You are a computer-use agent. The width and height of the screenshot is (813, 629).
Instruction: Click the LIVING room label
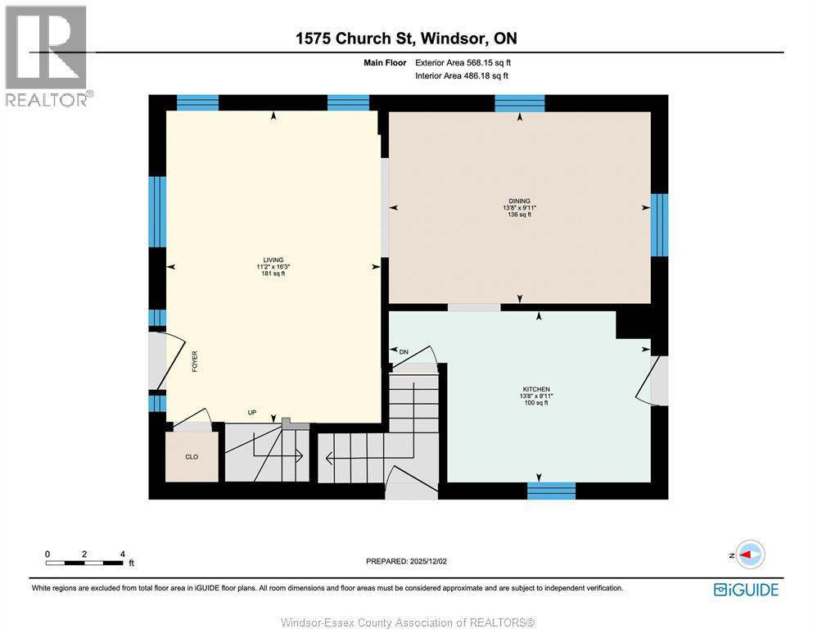tap(273, 260)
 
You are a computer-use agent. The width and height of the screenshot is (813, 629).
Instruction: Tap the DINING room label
tap(519, 201)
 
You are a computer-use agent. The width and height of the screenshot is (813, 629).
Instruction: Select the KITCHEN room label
tap(536, 389)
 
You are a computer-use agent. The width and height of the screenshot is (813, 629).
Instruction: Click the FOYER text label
tap(195, 362)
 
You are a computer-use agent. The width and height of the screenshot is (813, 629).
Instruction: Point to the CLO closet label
tap(191, 457)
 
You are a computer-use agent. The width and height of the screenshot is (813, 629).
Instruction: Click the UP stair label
tap(252, 412)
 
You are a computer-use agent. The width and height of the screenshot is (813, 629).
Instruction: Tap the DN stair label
tap(403, 351)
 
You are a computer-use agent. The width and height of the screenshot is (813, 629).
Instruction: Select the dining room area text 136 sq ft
tap(519, 215)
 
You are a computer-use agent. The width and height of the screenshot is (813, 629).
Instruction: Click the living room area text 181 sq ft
tap(273, 274)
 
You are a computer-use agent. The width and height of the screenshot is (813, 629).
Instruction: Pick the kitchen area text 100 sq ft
tap(536, 402)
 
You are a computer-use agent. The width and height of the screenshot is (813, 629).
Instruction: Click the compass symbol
tap(750, 554)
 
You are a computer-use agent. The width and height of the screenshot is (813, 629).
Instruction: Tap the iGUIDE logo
tap(746, 589)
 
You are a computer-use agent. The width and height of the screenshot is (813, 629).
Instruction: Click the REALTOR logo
tap(46, 56)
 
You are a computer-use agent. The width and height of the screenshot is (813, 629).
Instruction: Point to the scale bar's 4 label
tap(122, 554)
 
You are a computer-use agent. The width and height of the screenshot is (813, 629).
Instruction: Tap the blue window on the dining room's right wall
tap(659, 224)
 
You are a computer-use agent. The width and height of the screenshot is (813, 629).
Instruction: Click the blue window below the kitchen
tap(551, 491)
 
